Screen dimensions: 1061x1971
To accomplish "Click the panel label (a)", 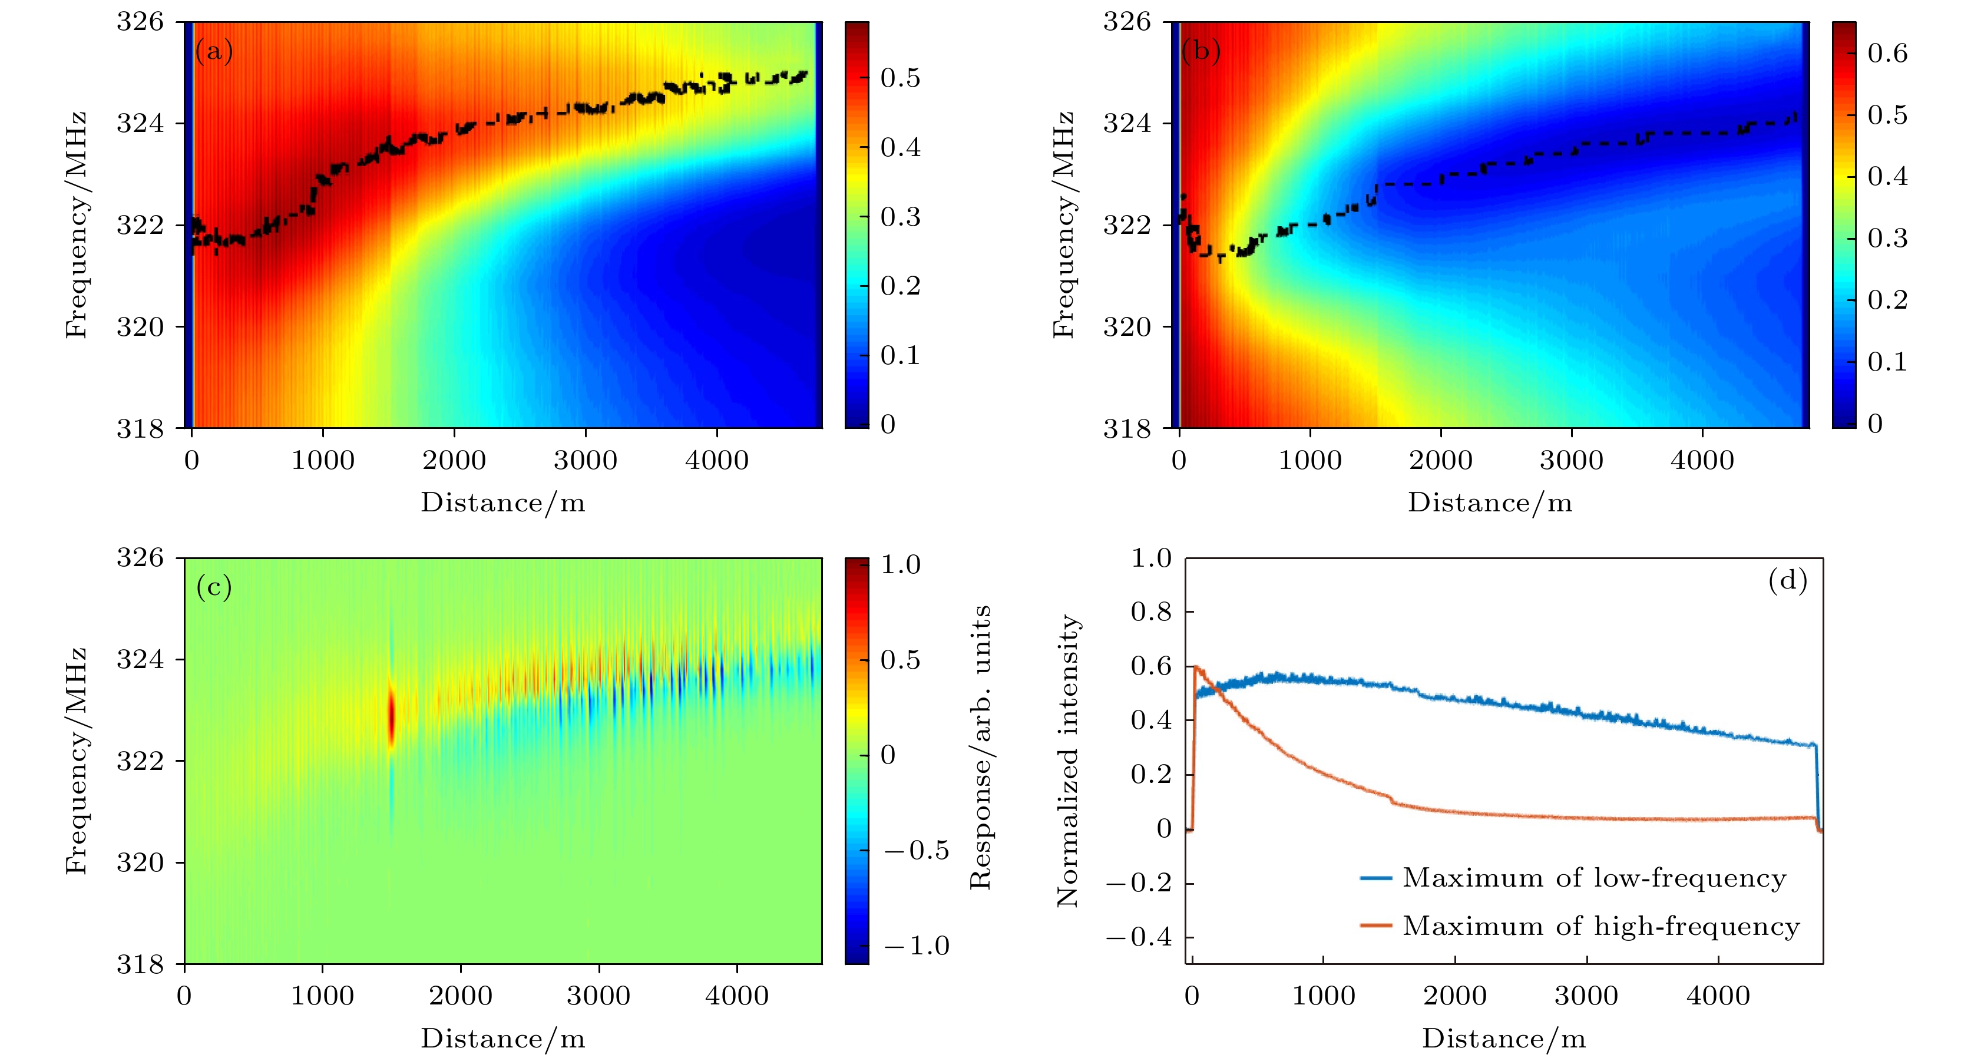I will click(213, 51).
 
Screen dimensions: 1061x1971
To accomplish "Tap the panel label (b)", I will click(1201, 51).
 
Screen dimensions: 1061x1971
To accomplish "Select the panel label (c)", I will click(213, 587).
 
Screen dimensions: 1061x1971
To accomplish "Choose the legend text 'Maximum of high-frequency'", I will click(1600, 926).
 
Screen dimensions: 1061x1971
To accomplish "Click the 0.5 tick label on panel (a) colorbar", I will click(900, 78).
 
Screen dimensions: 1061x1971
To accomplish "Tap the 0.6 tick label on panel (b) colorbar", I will click(1887, 53).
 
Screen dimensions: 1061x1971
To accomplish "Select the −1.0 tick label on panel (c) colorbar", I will click(916, 946).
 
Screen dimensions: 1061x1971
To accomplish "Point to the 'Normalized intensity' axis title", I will click(1067, 761).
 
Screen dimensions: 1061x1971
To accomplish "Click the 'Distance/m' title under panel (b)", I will click(1490, 503).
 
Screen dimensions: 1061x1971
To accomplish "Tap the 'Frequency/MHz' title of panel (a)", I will click(76, 225).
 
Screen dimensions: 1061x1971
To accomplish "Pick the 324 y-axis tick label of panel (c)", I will click(140, 659).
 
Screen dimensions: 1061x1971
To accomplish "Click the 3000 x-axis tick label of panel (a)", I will click(586, 461).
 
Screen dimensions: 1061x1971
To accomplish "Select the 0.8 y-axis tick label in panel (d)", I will click(1151, 612).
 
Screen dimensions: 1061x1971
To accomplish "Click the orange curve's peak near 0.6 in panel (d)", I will click(1196, 667).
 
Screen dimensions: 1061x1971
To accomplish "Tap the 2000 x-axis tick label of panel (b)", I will click(1441, 461).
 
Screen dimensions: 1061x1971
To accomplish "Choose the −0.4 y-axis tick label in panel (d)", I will click(1139, 937).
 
